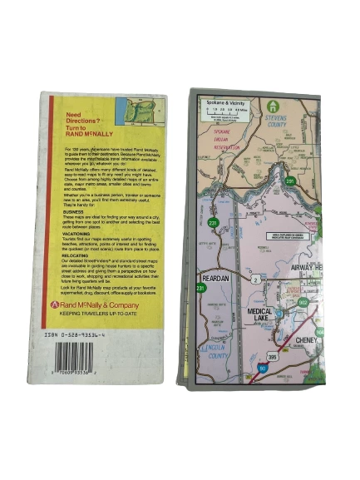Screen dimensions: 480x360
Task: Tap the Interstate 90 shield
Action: coord(264,368)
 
